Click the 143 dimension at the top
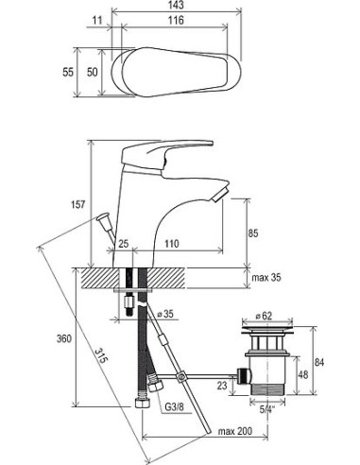point(176,5)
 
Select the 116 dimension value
point(176,21)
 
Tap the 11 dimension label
point(97,21)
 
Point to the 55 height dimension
point(68,72)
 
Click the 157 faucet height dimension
point(77,204)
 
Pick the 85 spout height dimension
point(252,233)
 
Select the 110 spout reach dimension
point(171,244)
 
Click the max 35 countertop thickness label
point(266,278)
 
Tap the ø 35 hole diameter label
point(165,314)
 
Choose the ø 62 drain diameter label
point(263,316)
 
